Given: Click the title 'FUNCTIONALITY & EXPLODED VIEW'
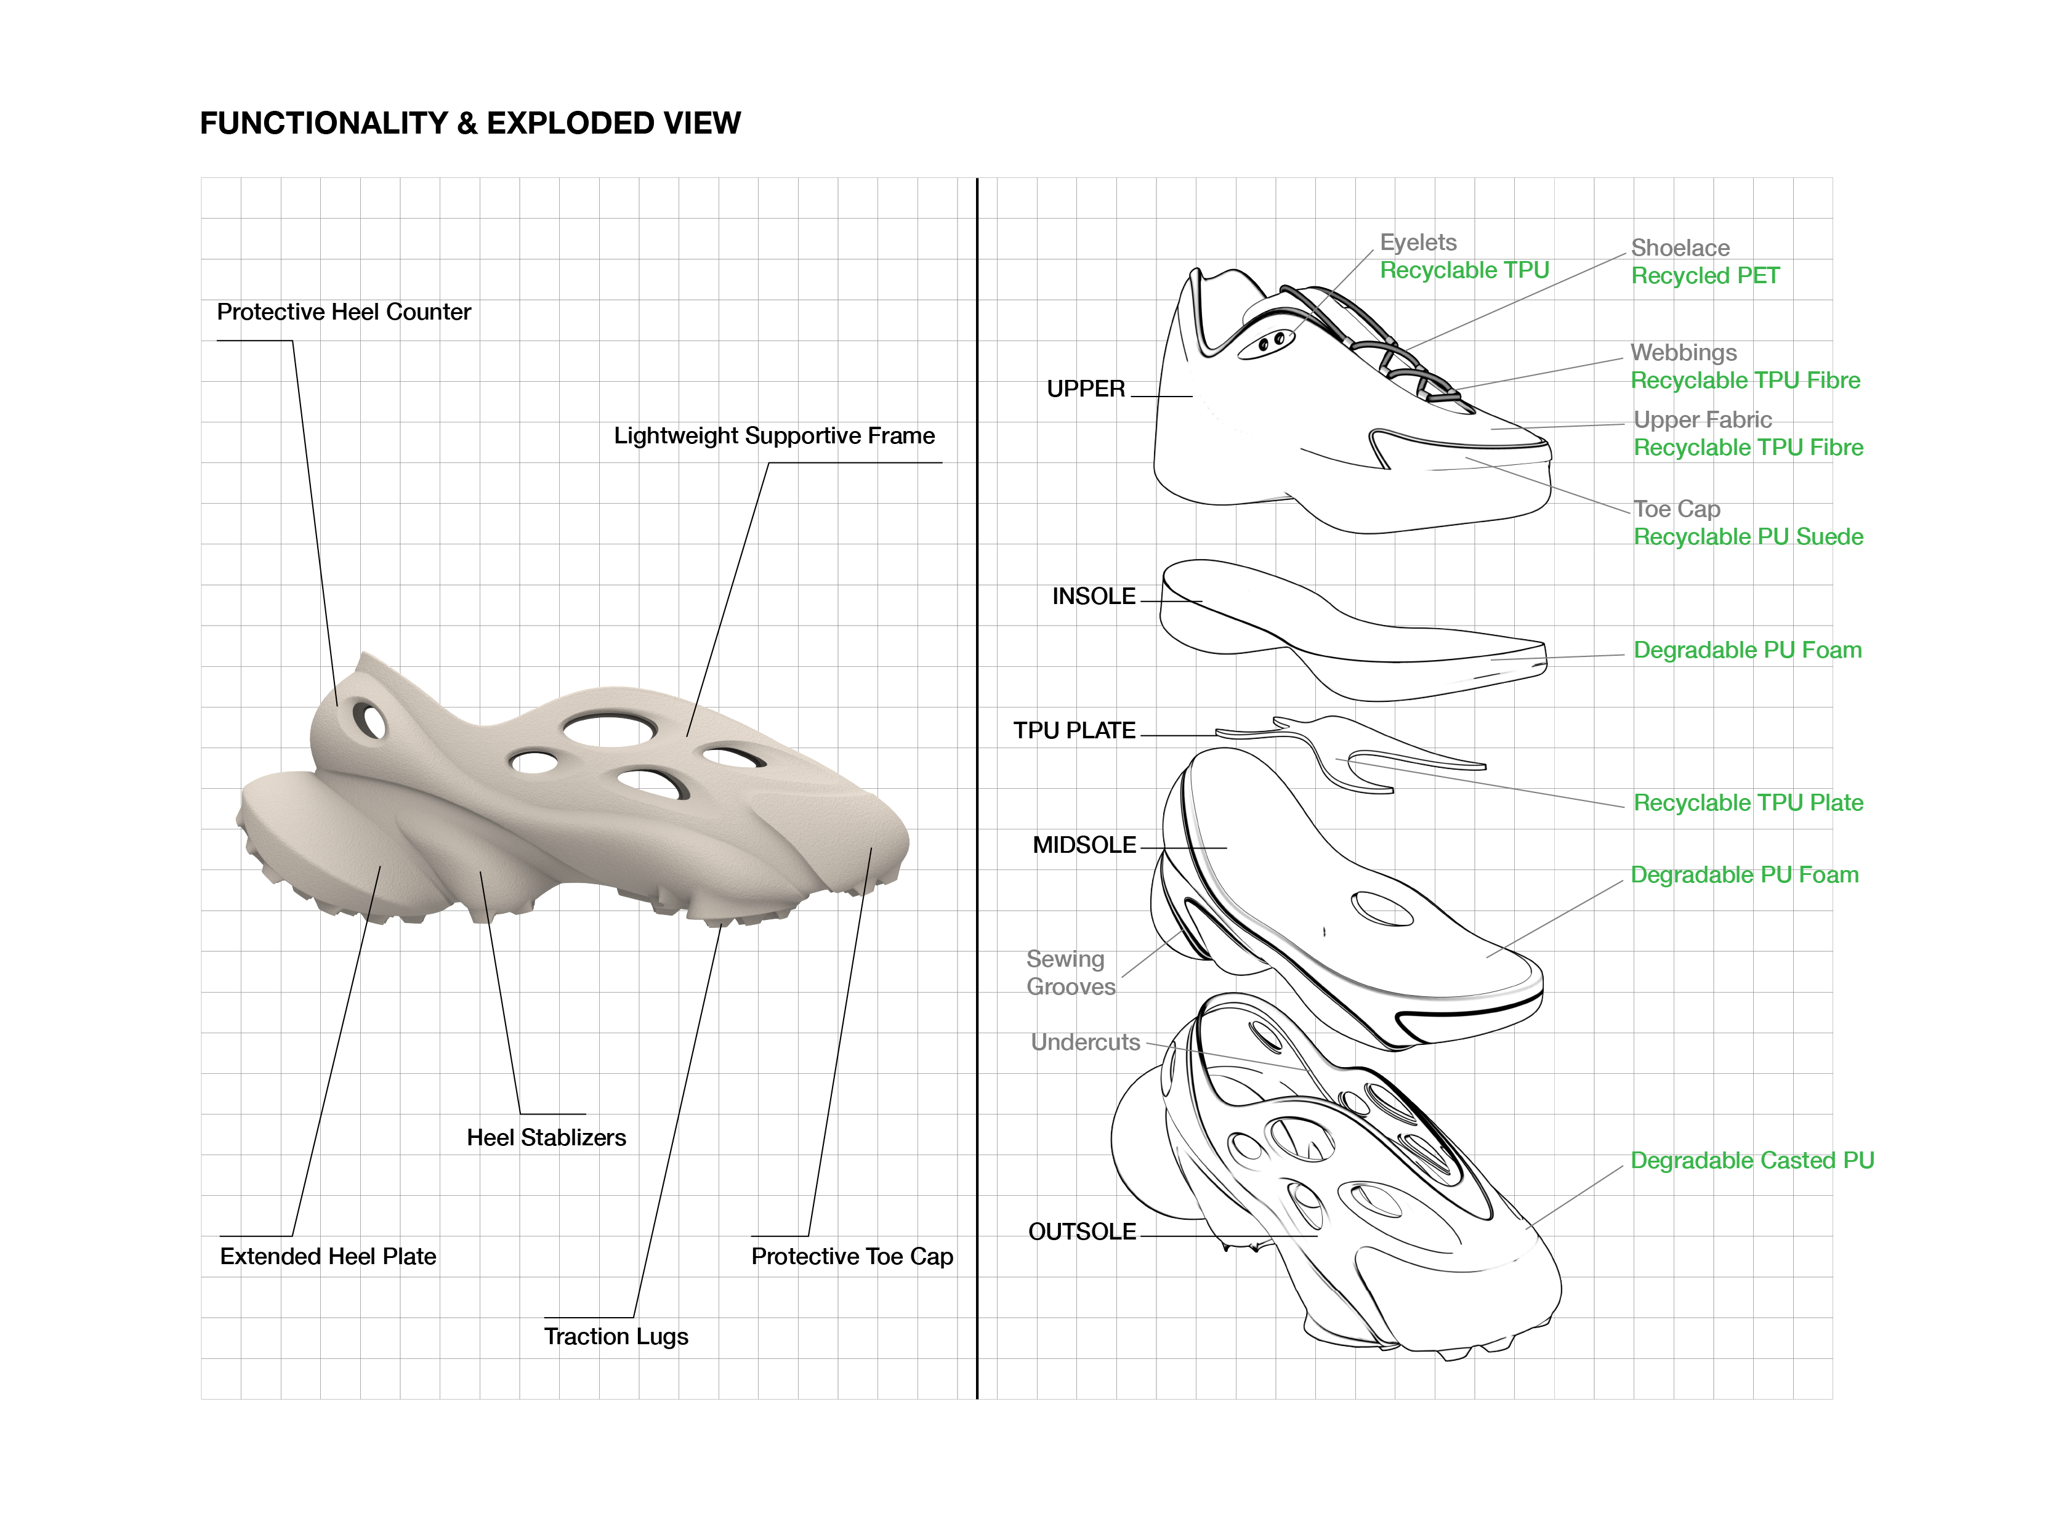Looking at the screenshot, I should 470,124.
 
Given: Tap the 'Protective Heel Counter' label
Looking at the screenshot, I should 344,312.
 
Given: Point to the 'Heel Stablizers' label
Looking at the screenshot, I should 546,1137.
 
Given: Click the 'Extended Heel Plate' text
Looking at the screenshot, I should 328,1256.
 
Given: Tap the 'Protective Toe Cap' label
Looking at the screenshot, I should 851,1256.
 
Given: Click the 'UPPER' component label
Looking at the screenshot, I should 1085,389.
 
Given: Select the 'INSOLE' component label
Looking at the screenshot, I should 1094,596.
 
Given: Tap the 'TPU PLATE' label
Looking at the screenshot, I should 1074,730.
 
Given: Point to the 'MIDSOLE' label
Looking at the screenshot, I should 1084,845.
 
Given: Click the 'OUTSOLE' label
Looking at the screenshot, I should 1081,1232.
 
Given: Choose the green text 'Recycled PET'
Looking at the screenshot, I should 1705,276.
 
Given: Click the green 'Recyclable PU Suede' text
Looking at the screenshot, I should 1748,536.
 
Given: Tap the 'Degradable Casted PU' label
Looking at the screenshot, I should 1751,1160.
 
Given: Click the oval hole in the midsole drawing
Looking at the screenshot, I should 1382,909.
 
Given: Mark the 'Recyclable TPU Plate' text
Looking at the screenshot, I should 1748,803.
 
